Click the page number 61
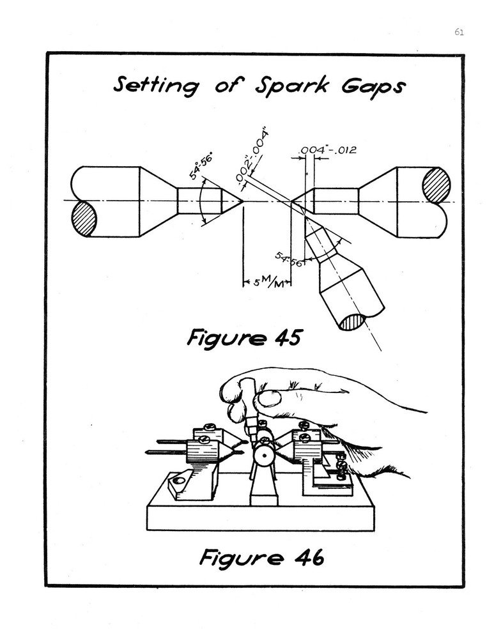pyautogui.click(x=459, y=33)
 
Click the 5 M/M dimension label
pyautogui.click(x=267, y=282)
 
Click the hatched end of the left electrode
pyautogui.click(x=84, y=219)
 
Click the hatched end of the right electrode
pyautogui.click(x=436, y=185)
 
